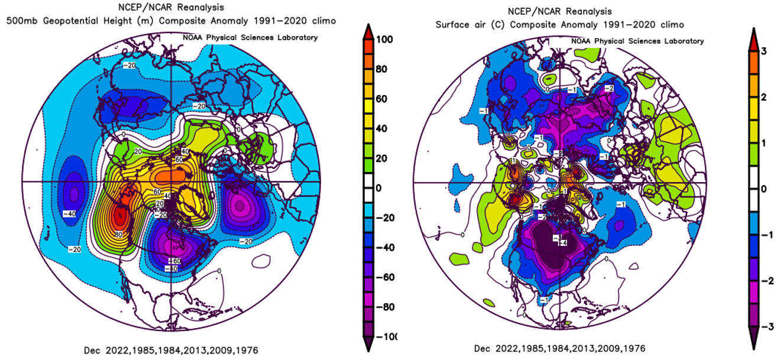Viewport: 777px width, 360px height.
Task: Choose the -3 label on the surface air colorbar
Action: pyautogui.click(x=765, y=326)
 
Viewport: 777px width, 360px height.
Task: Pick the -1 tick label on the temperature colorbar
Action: pyautogui.click(x=765, y=235)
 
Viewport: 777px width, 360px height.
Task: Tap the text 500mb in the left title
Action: pyautogui.click(x=18, y=21)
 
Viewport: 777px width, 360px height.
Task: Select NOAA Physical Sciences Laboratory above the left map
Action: pyautogui.click(x=251, y=37)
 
